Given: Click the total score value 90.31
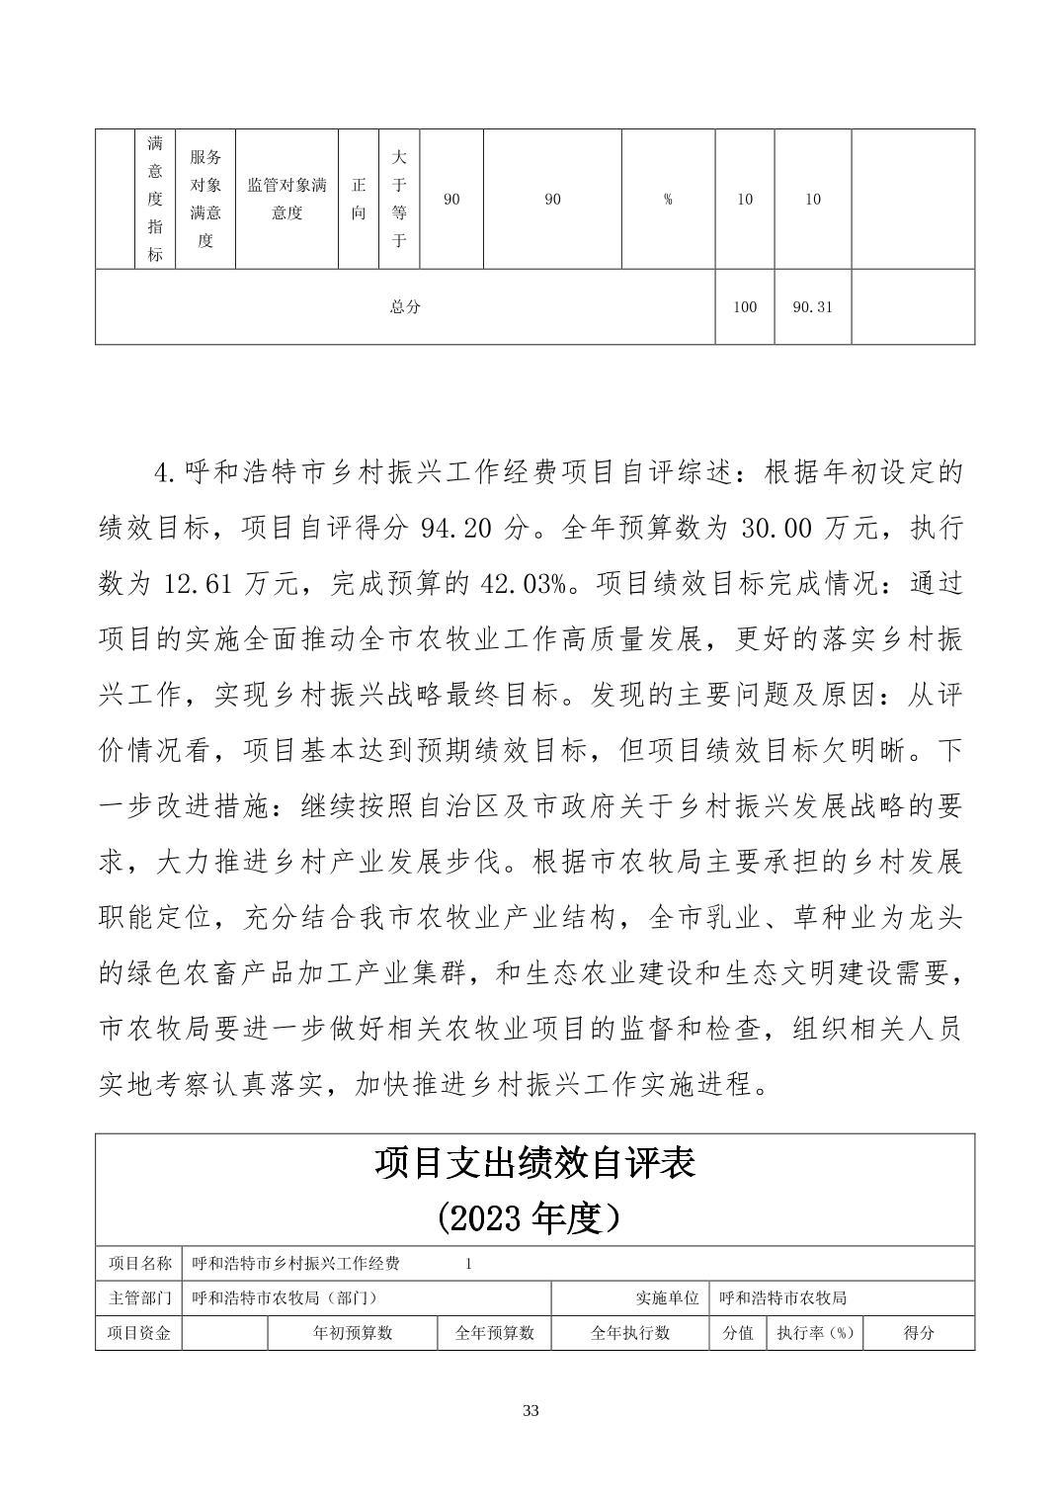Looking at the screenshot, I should (812, 306).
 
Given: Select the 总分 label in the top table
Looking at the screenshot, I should (405, 306).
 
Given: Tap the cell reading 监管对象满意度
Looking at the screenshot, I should (286, 199).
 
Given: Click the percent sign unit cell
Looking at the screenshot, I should (668, 199).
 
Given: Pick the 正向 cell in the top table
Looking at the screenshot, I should (359, 199).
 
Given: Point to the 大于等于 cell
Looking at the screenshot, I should (399, 199).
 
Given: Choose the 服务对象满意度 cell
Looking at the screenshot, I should (205, 199).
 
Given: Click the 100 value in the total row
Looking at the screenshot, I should (745, 306).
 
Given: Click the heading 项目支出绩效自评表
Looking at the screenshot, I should (534, 1163).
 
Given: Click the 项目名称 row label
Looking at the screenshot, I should (139, 1263).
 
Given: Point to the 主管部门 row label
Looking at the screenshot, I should (139, 1297).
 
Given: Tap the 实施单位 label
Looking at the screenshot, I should (668, 1297).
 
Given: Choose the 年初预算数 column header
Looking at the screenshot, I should (353, 1332).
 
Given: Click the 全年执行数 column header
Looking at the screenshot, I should (630, 1332).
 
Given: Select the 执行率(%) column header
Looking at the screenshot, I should (814, 1332).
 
